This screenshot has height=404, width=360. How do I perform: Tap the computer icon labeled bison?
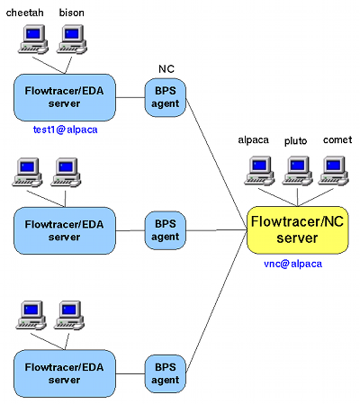(x=72, y=39)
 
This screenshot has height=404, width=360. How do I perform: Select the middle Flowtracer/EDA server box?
(x=65, y=230)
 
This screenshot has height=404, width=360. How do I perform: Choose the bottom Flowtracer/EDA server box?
(x=65, y=372)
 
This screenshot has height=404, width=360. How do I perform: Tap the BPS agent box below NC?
(x=166, y=96)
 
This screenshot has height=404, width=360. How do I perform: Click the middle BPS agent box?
(x=166, y=230)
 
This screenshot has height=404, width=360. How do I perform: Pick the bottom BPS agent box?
(x=166, y=372)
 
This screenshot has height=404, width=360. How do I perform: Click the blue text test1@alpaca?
(x=64, y=129)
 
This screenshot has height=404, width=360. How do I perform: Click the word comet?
(x=337, y=140)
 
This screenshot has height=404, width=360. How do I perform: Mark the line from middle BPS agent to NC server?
(x=216, y=230)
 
